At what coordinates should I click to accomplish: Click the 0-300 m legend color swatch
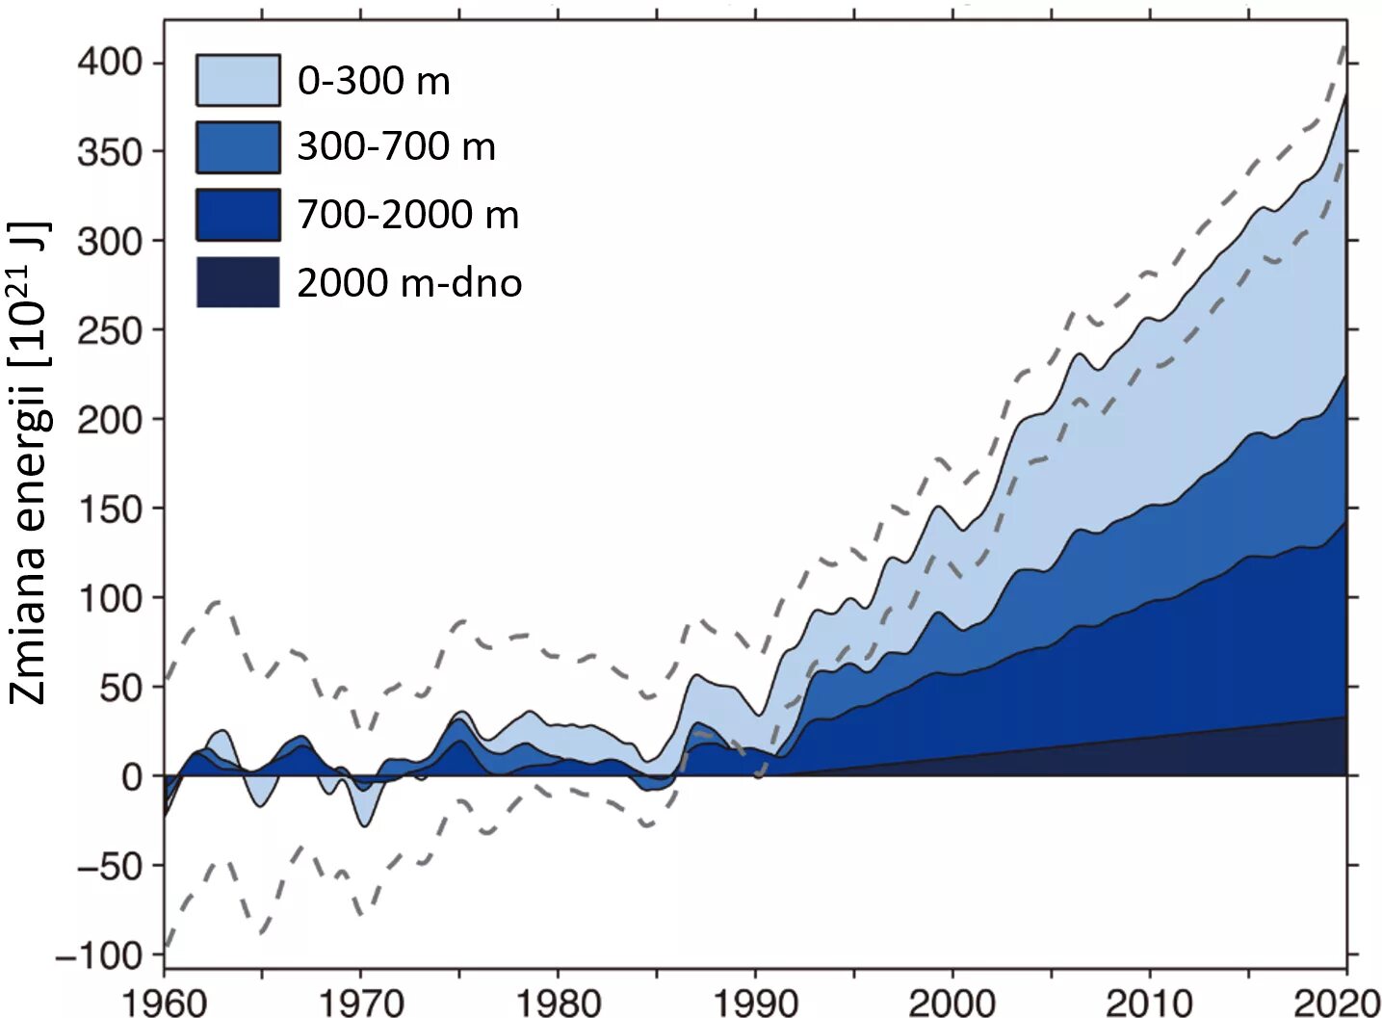pyautogui.click(x=238, y=80)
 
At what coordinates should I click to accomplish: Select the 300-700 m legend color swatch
pyautogui.click(x=238, y=147)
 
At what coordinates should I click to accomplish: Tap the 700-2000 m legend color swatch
pyautogui.click(x=238, y=215)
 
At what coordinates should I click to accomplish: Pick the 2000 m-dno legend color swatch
pyautogui.click(x=238, y=282)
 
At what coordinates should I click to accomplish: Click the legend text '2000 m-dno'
pyautogui.click(x=409, y=283)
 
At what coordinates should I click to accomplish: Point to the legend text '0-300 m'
pyautogui.click(x=374, y=81)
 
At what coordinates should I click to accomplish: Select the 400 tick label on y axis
pyautogui.click(x=109, y=63)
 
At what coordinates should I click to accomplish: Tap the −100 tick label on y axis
pyautogui.click(x=99, y=955)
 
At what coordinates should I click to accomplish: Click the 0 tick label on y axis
pyautogui.click(x=132, y=776)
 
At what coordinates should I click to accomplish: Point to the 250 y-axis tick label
pyautogui.click(x=109, y=330)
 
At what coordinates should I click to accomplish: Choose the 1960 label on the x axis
pyautogui.click(x=165, y=1002)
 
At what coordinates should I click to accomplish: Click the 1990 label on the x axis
pyautogui.click(x=755, y=1002)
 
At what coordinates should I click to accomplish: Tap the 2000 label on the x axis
pyautogui.click(x=952, y=1002)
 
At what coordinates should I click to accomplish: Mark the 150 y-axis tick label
pyautogui.click(x=109, y=509)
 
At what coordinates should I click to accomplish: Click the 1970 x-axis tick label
pyautogui.click(x=361, y=1002)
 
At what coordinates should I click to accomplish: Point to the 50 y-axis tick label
pyautogui.click(x=120, y=688)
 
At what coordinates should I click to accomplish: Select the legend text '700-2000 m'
pyautogui.click(x=407, y=215)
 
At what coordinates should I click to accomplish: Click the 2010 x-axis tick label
pyautogui.click(x=1149, y=1002)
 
